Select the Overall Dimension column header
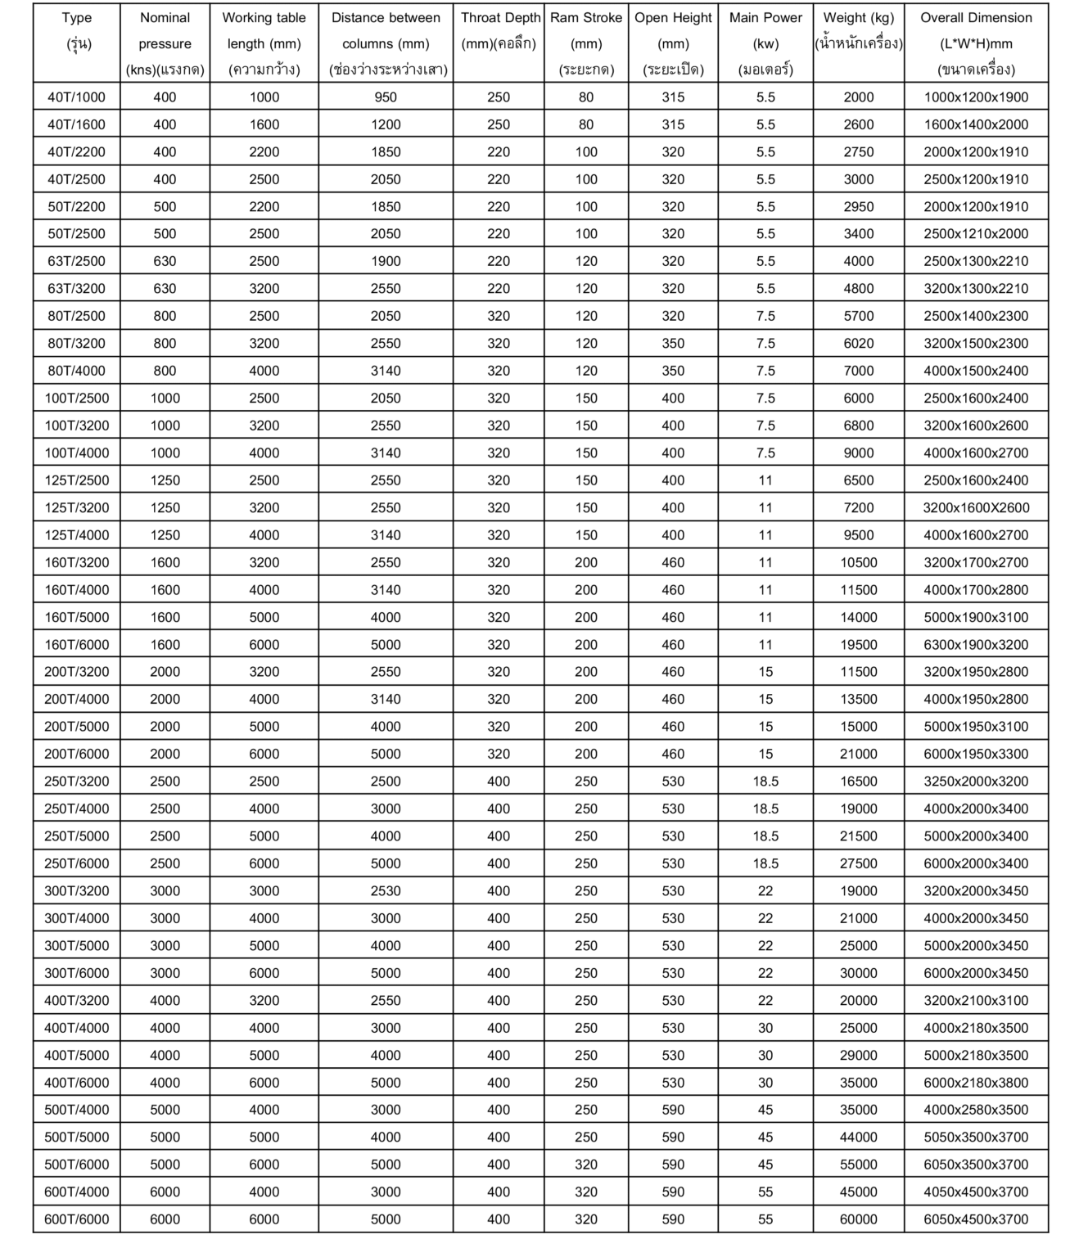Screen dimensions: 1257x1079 976,43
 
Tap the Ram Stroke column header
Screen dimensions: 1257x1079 586,43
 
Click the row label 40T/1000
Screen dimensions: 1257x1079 77,97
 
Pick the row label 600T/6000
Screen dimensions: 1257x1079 77,1219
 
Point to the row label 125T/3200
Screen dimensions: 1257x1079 77,508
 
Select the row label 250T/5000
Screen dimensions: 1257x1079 77,836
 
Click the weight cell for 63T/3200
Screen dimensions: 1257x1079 859,289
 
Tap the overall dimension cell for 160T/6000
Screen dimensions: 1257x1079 976,645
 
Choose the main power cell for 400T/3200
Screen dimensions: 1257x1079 765,1001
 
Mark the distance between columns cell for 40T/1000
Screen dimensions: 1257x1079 386,97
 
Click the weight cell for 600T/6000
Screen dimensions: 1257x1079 859,1219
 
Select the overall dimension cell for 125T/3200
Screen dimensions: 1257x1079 976,508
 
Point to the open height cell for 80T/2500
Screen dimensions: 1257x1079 673,316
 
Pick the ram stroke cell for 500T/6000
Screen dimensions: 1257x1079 586,1165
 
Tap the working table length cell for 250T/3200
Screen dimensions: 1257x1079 264,782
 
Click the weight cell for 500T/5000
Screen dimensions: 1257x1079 859,1138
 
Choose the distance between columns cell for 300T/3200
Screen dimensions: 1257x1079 386,891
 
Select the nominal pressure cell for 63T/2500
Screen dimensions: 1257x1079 165,262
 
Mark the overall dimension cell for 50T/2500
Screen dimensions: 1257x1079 976,234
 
